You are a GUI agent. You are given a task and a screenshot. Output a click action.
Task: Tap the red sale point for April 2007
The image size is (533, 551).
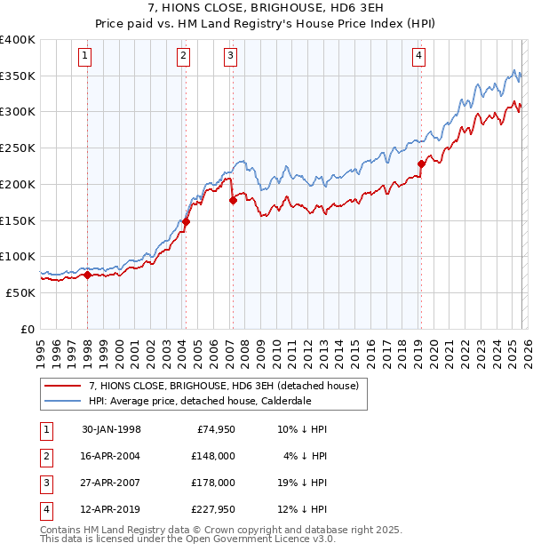click(x=233, y=200)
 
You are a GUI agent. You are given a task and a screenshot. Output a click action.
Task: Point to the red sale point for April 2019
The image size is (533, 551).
click(x=421, y=164)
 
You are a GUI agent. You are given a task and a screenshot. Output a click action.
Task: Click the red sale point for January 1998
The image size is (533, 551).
click(x=88, y=275)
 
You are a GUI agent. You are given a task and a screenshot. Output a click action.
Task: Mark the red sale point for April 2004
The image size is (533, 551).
click(x=186, y=222)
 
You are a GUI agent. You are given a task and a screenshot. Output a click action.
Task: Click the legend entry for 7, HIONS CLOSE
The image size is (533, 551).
click(x=223, y=386)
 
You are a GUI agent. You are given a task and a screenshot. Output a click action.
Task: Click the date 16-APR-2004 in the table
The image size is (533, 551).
click(x=111, y=457)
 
